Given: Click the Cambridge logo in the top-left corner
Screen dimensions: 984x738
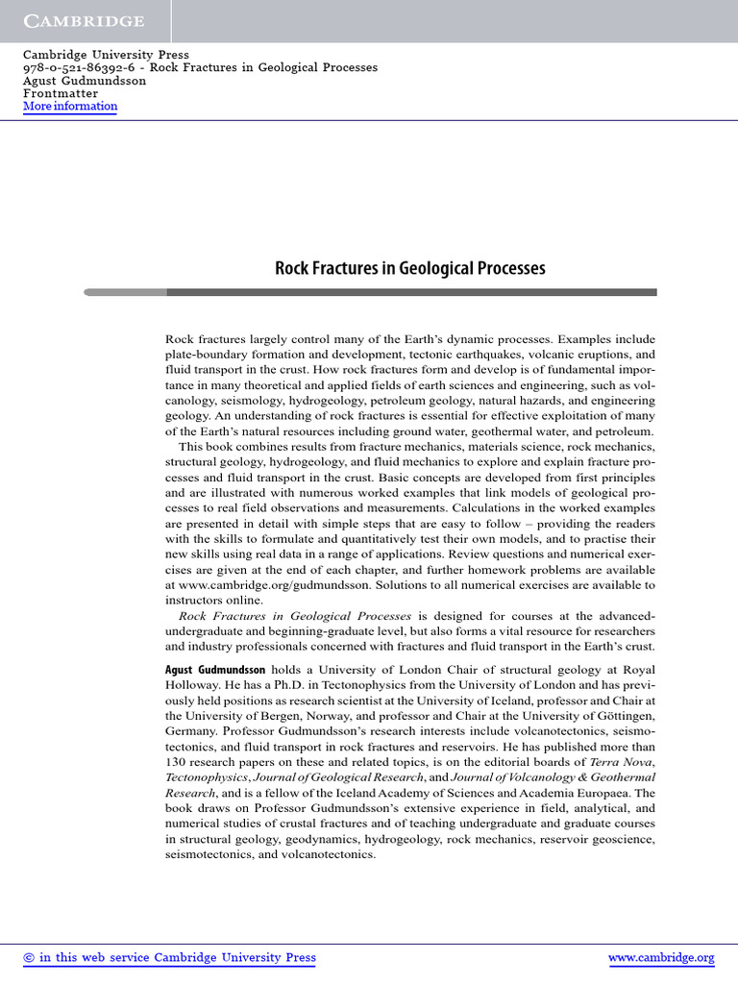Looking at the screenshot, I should [x=84, y=21].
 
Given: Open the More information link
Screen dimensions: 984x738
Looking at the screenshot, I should [x=69, y=107].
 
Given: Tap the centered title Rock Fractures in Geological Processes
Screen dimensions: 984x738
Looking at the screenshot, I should [x=410, y=268].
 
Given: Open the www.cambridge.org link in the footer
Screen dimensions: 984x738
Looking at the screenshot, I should [x=661, y=957].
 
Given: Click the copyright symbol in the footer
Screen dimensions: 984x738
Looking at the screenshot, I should [x=29, y=957].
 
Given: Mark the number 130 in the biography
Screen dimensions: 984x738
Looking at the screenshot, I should [x=177, y=761].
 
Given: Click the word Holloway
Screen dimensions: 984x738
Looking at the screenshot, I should [x=192, y=684].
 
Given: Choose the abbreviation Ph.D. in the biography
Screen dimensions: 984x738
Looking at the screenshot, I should [x=305, y=684].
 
